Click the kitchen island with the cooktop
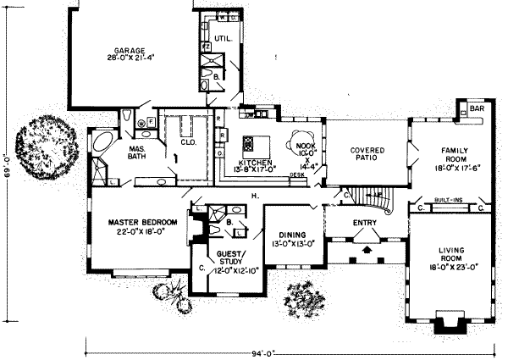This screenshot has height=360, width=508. [x=251, y=142]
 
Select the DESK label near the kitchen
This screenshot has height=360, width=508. [x=296, y=174]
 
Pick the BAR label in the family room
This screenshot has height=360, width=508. [x=476, y=110]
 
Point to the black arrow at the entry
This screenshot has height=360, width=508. [x=366, y=251]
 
